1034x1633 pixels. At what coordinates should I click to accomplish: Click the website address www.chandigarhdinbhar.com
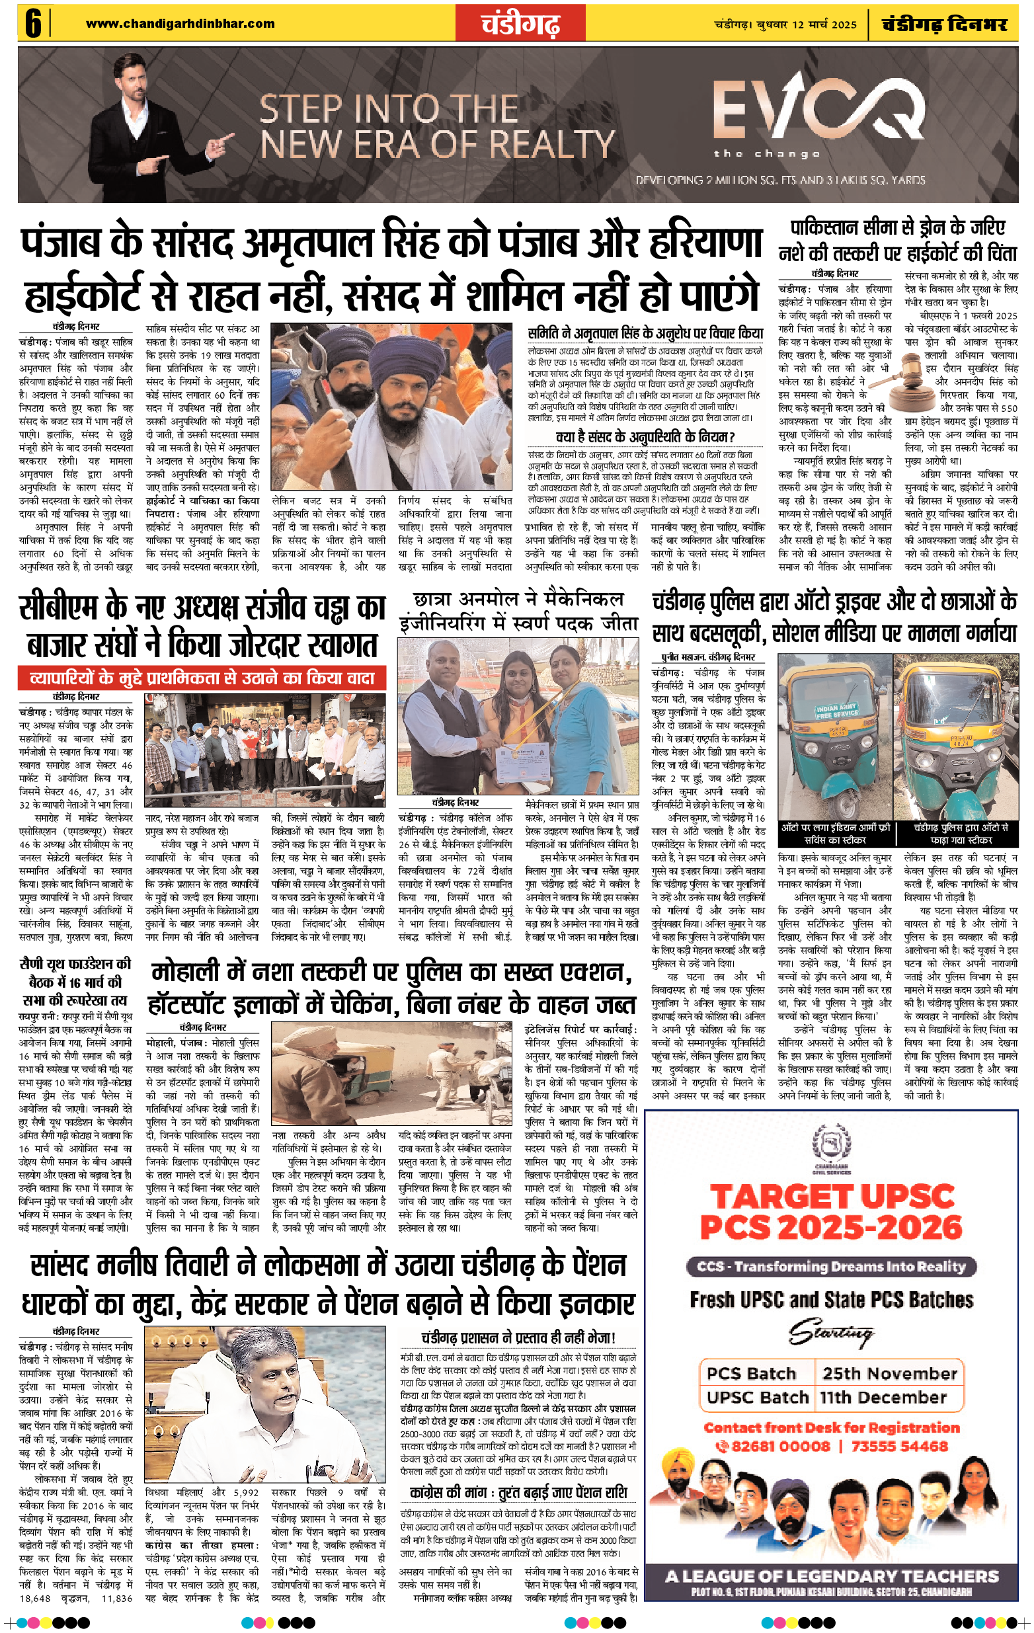pos(180,24)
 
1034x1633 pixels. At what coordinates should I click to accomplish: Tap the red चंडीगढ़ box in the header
pos(521,24)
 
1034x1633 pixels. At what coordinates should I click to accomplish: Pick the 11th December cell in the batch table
pos(883,1398)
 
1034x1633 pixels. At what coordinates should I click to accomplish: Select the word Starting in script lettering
pos(831,1335)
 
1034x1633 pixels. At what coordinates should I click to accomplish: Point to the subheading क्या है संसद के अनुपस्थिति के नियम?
pos(645,437)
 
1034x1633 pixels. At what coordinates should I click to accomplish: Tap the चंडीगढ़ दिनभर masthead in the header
pos(945,24)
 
